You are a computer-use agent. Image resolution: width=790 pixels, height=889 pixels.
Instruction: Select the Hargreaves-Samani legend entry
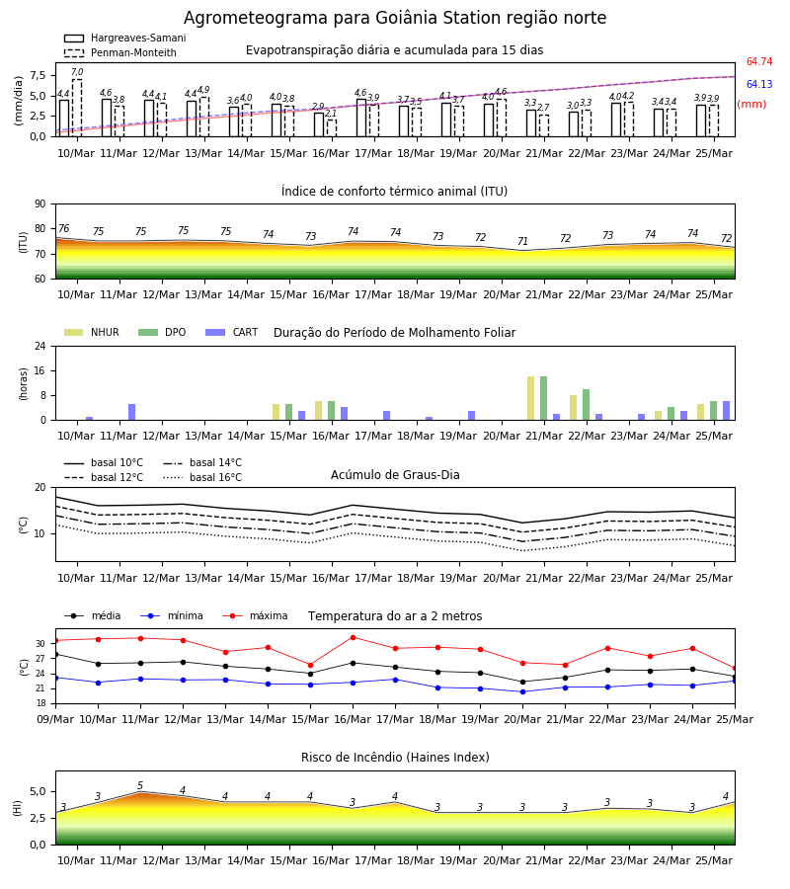125,38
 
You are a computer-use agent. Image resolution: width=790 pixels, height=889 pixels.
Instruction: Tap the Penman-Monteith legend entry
120,52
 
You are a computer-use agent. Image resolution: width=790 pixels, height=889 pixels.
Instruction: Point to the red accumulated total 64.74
759,62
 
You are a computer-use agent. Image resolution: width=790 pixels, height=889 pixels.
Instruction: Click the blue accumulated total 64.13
759,85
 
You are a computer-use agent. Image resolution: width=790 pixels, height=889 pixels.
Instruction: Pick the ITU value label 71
522,242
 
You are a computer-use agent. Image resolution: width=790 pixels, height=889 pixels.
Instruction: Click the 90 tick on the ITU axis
40,204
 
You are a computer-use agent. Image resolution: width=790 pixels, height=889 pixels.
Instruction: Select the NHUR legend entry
92,332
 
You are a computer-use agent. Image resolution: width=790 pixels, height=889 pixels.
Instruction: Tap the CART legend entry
232,332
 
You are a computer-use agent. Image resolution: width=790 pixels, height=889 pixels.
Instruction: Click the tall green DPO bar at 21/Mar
543,398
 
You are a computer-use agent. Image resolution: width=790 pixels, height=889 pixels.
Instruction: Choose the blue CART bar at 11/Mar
132,412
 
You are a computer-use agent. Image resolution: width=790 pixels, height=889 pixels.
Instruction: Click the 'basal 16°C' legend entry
202,477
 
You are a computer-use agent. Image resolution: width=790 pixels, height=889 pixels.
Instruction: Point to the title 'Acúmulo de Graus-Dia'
395,474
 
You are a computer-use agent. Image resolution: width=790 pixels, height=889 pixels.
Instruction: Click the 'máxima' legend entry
255,615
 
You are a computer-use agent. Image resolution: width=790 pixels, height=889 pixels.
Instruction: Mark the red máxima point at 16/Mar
354,637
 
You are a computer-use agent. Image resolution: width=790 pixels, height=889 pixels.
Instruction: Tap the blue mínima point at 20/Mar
522,691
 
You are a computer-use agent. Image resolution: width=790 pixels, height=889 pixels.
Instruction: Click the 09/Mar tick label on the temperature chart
55,719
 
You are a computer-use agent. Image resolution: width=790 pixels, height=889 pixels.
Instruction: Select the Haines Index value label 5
140,786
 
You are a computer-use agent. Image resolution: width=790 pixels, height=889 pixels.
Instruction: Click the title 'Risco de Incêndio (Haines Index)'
395,758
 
